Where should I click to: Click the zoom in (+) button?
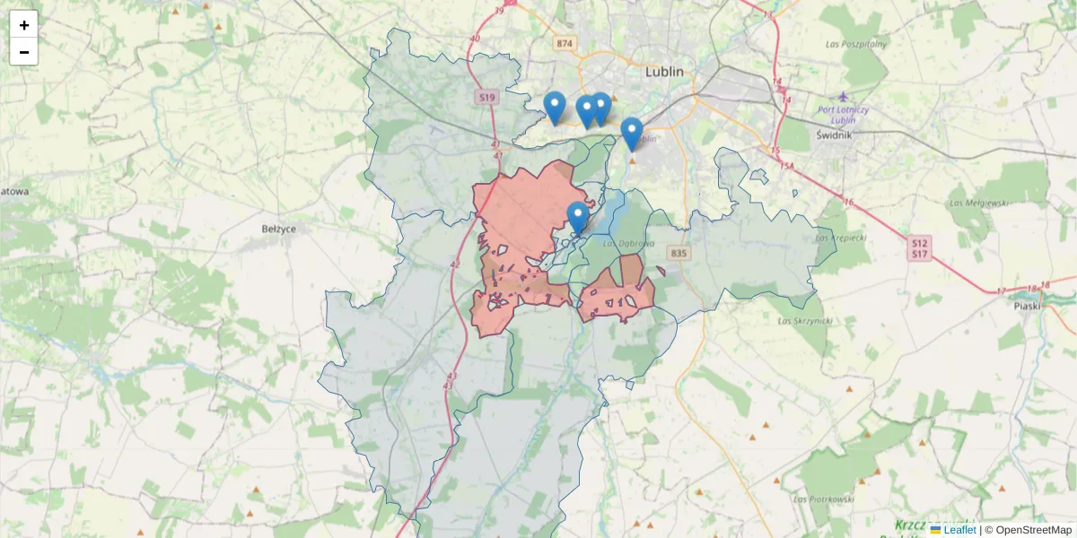pyautogui.click(x=24, y=25)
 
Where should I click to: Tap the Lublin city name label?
pyautogui.click(x=664, y=71)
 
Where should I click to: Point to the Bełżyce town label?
pyautogui.click(x=278, y=229)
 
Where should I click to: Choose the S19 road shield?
pyautogui.click(x=486, y=97)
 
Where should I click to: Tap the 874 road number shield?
pyautogui.click(x=564, y=43)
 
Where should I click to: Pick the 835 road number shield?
pyautogui.click(x=679, y=254)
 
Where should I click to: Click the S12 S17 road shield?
pyautogui.click(x=920, y=248)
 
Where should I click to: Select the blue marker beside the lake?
pyautogui.click(x=578, y=217)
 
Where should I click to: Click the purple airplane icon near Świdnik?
pyautogui.click(x=842, y=97)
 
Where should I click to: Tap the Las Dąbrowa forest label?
pyautogui.click(x=628, y=243)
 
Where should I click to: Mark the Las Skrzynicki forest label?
pyautogui.click(x=801, y=320)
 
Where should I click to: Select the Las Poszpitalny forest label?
pyautogui.click(x=855, y=43)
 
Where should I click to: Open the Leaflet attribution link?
pyautogui.click(x=959, y=530)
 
